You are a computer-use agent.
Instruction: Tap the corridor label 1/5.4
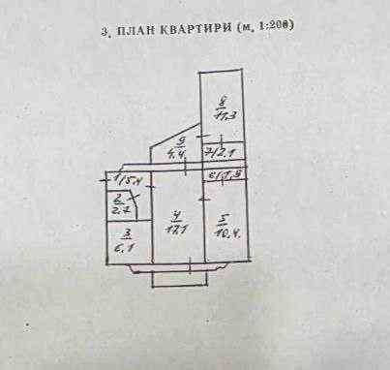point(127,181)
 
